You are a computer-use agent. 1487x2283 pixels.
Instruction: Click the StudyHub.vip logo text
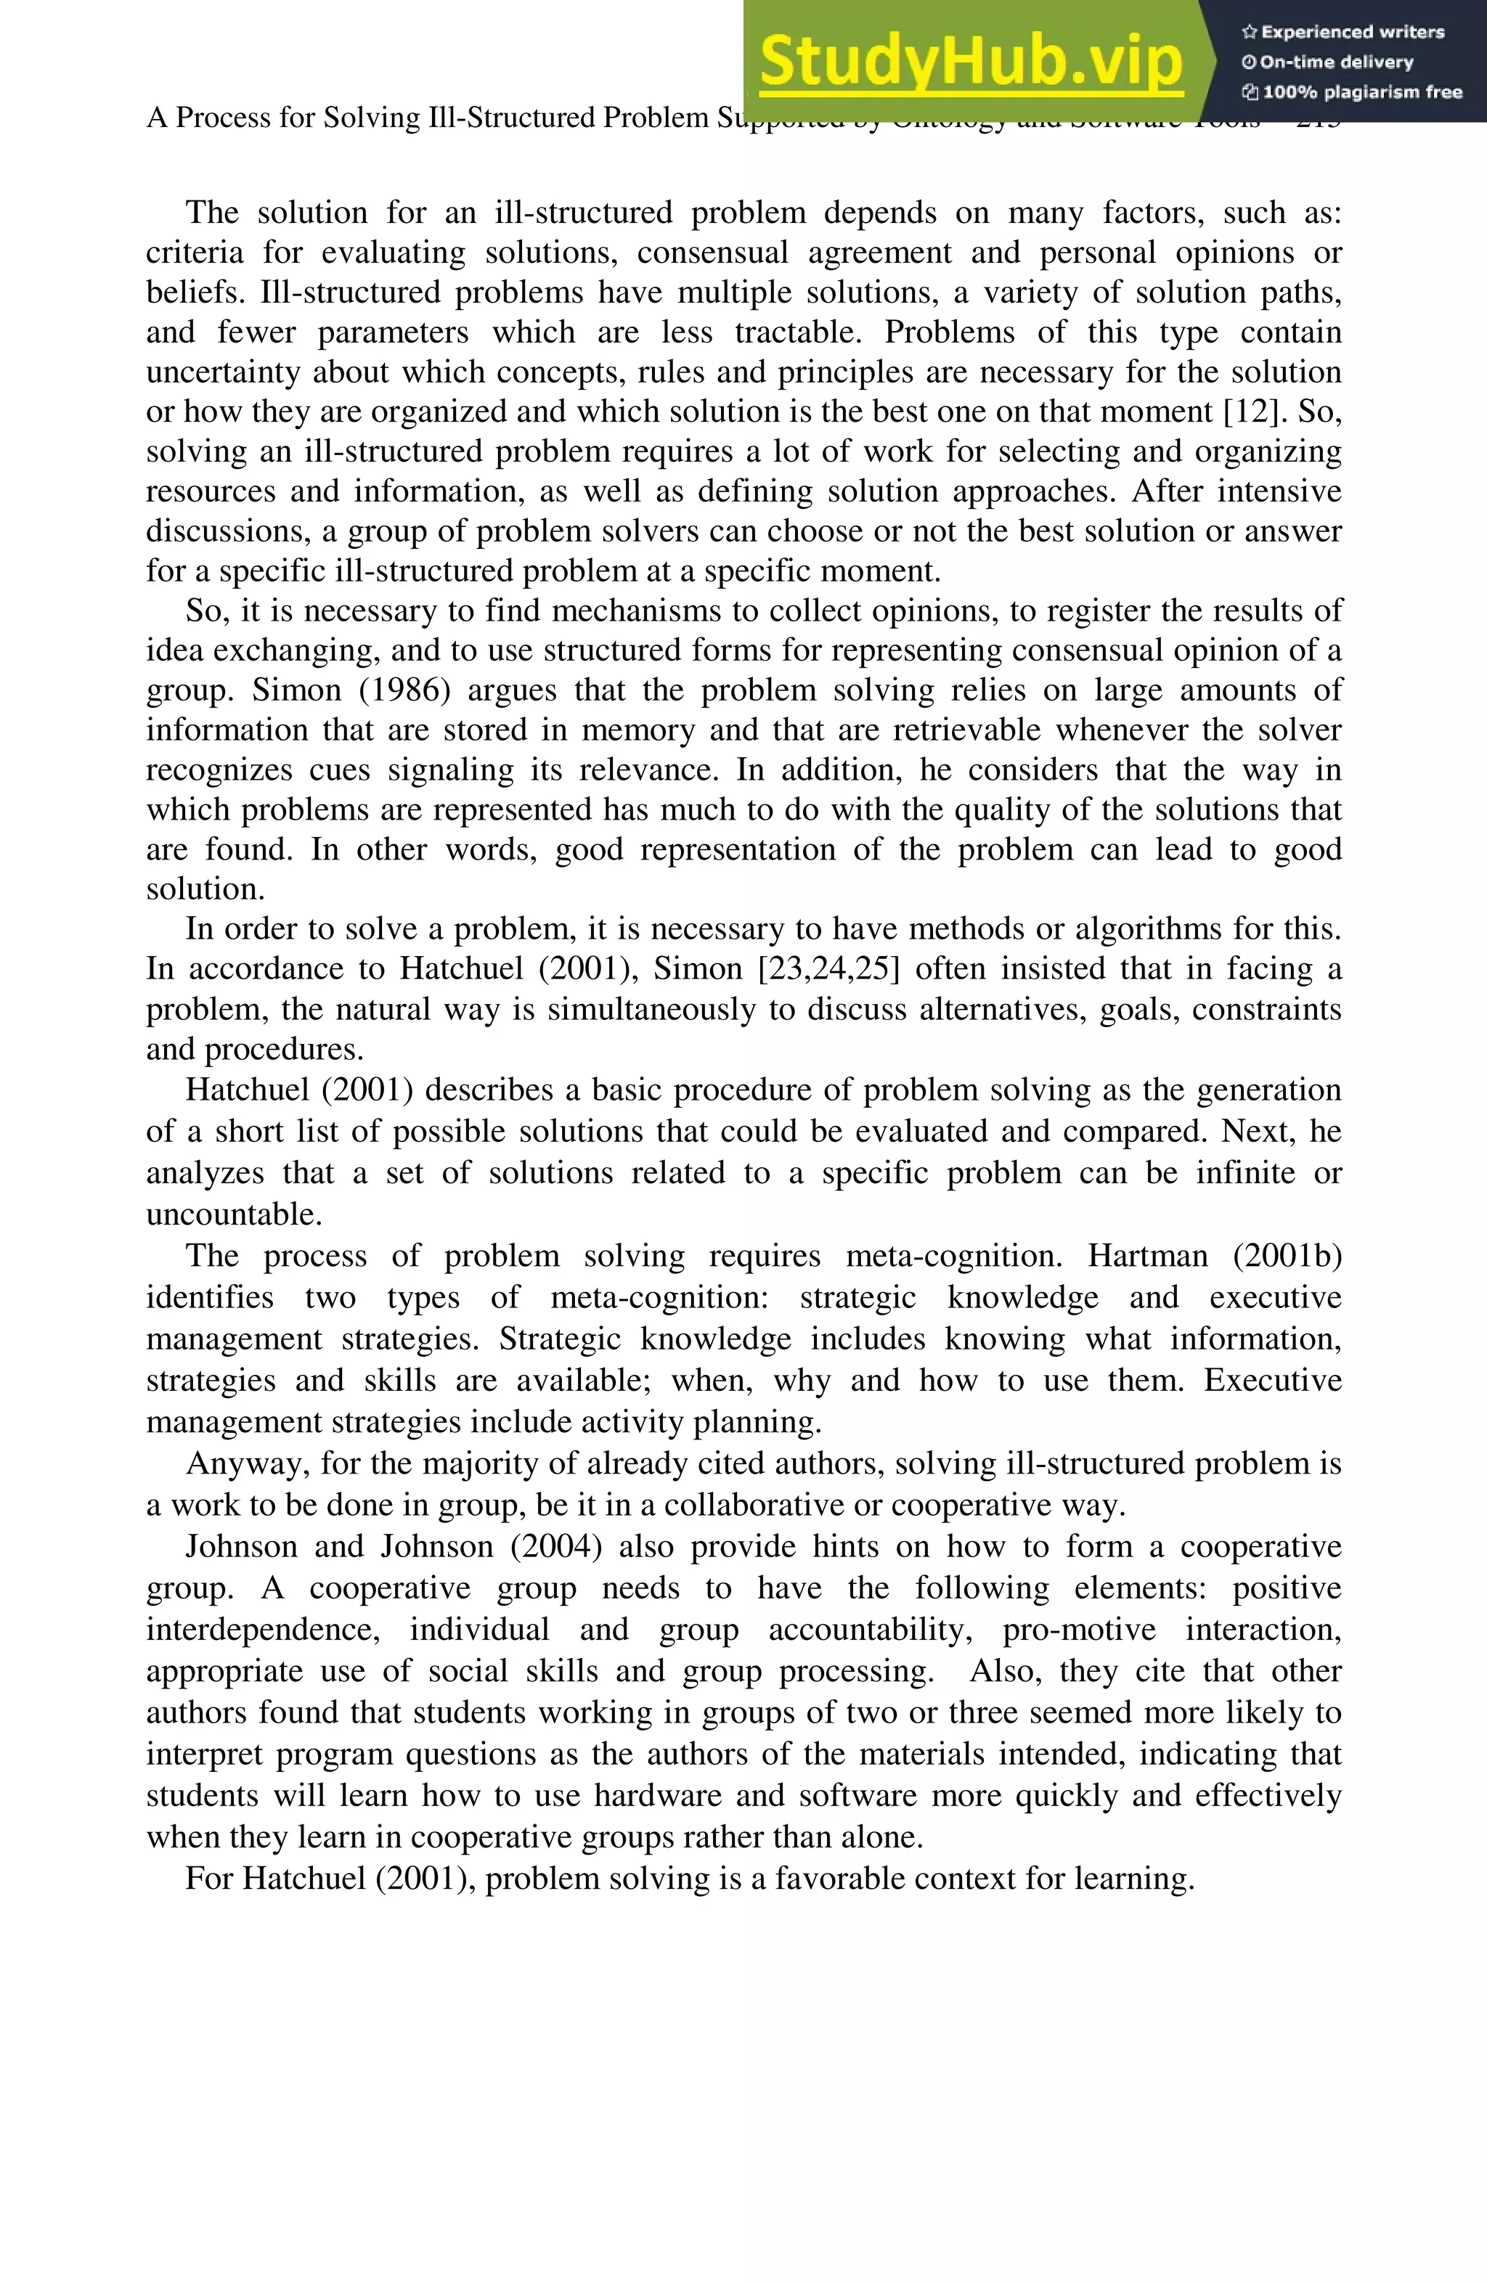point(971,62)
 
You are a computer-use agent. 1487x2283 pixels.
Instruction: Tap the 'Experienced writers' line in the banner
point(1343,32)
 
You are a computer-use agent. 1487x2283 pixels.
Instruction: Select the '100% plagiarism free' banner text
point(1353,92)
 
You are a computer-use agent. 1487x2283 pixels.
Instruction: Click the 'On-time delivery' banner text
point(1328,62)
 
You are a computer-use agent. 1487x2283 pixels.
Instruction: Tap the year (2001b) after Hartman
point(1287,1256)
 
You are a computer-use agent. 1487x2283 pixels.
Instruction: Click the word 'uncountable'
point(233,1214)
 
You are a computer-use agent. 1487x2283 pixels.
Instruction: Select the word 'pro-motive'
point(1079,1630)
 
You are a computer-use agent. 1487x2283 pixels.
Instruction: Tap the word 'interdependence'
point(263,1630)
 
